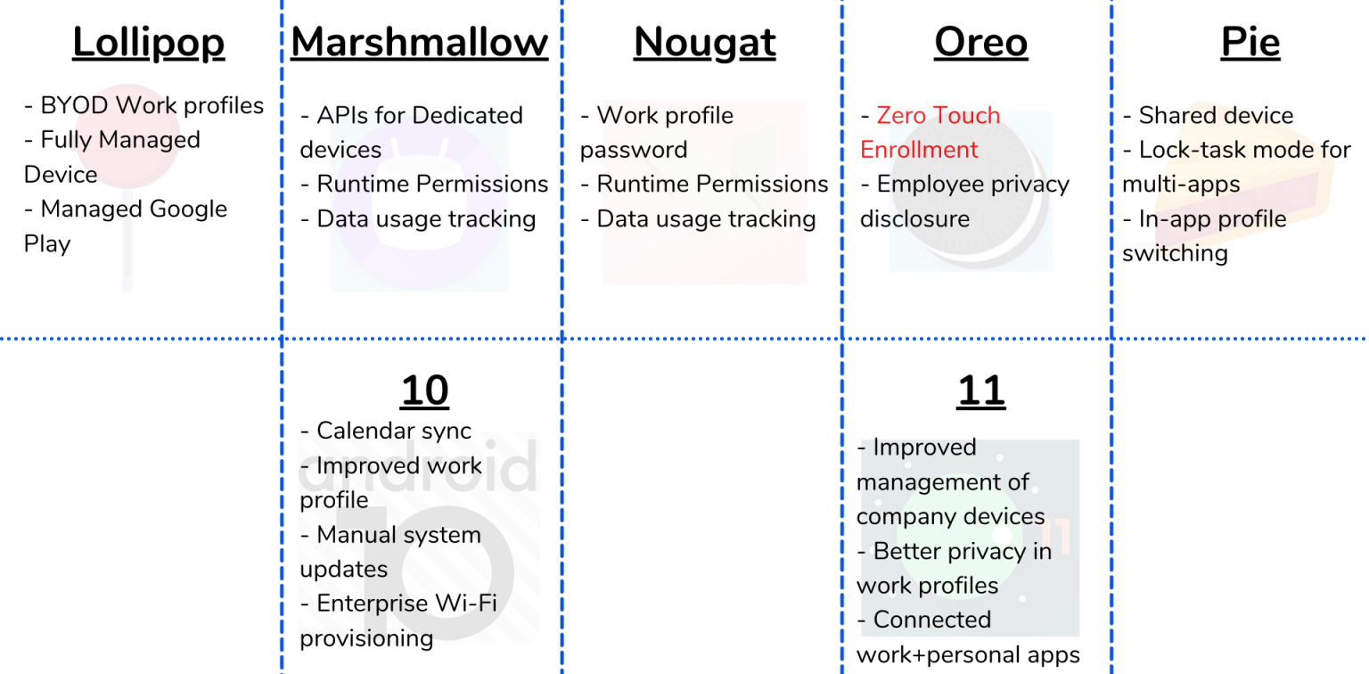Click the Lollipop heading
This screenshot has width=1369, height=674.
click(148, 43)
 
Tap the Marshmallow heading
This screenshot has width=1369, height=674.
click(419, 43)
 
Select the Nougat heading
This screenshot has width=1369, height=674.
click(704, 43)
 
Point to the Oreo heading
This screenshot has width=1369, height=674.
click(980, 43)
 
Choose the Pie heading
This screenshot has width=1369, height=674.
click(1250, 43)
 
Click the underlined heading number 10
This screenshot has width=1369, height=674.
click(424, 390)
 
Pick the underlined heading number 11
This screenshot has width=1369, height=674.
click(980, 390)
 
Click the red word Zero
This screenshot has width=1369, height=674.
click(904, 116)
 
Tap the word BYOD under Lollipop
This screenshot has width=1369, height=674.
click(75, 106)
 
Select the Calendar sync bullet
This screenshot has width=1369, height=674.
click(393, 431)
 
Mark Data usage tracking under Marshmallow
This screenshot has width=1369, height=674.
click(426, 219)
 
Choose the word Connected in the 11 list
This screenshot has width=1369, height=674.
click(931, 620)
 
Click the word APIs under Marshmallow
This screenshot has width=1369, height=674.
click(343, 116)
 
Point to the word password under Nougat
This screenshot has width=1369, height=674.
click(633, 150)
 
